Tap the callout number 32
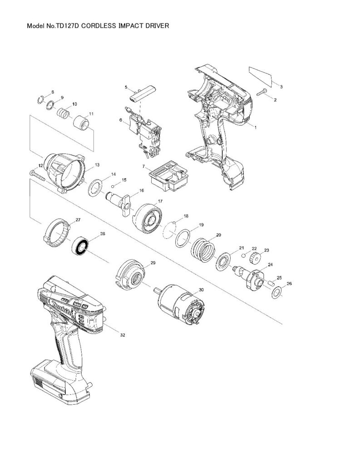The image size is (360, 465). point(122,335)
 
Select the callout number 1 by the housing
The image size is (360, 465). point(255,128)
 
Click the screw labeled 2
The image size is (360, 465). point(261,93)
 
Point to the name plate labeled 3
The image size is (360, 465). point(261,75)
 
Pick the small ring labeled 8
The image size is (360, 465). point(40,100)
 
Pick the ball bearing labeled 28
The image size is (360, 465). point(82,247)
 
